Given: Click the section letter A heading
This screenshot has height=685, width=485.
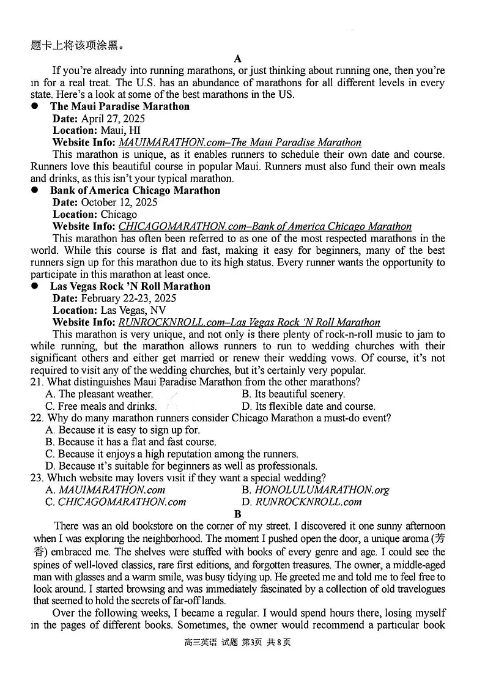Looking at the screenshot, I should [x=238, y=59].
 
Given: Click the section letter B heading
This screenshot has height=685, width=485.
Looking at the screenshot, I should [x=238, y=514].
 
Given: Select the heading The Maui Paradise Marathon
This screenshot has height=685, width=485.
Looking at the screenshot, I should [x=120, y=106].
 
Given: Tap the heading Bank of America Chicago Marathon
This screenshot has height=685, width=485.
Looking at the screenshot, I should [x=135, y=190].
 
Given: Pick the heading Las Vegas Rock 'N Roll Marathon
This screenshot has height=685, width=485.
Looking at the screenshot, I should [x=130, y=286].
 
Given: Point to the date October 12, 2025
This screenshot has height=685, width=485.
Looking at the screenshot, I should [x=119, y=202].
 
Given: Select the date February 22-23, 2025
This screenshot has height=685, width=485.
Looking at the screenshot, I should [x=128, y=298].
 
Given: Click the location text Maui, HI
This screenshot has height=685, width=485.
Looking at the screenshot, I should [x=120, y=130].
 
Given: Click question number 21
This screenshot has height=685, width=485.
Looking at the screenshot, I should [x=37, y=382].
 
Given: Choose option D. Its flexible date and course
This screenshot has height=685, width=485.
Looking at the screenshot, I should [x=308, y=406].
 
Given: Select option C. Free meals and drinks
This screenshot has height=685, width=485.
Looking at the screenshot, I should [x=101, y=406].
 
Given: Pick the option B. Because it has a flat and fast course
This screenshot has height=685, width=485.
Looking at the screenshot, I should [x=131, y=442].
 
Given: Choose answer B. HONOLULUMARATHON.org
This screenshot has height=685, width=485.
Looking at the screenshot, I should [x=316, y=490].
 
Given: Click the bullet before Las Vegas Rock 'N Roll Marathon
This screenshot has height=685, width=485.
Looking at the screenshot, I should [x=35, y=286].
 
